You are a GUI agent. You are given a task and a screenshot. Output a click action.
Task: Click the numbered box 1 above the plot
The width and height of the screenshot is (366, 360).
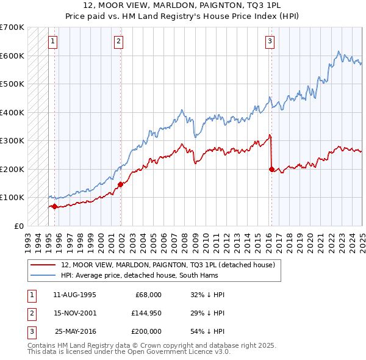[53, 41]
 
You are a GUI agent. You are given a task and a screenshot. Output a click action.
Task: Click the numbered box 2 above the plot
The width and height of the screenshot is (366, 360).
[118, 41]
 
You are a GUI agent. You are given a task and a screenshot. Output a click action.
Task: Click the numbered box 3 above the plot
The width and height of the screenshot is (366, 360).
[270, 41]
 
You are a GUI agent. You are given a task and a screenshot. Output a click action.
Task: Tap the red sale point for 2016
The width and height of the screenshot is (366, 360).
[271, 169]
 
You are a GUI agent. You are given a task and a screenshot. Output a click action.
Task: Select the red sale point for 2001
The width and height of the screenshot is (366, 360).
[120, 184]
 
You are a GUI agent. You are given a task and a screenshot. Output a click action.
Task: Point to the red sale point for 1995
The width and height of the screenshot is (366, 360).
[54, 206]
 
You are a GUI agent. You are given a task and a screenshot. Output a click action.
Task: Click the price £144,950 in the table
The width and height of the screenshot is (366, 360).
[146, 313]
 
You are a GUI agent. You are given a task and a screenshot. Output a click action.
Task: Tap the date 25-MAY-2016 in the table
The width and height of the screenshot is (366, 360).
[76, 331]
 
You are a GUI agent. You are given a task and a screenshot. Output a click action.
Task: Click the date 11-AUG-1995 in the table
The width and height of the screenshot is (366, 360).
[74, 295]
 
